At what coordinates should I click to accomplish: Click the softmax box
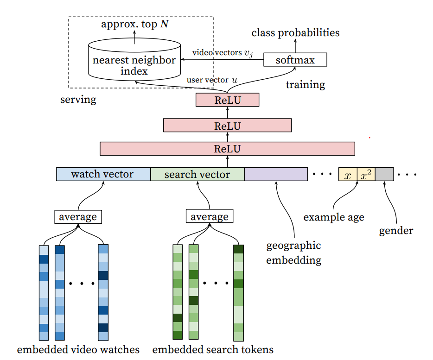295,60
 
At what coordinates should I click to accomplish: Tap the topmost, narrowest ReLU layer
227,100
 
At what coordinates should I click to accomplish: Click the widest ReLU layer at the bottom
227,149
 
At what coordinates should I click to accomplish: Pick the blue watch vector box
103,174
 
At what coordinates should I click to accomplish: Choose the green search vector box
197,174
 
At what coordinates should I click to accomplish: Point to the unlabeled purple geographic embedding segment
276,174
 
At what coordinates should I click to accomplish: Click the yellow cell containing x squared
366,174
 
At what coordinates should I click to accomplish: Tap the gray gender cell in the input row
384,174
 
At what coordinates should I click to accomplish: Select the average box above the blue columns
78,216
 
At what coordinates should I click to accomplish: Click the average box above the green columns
210,216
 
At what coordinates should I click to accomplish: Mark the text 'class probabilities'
295,33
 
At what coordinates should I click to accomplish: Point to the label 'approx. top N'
135,24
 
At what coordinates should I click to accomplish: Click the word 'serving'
78,100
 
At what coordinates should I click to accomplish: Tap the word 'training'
305,85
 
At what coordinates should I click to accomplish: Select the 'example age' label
334,217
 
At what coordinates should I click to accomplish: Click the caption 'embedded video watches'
78,349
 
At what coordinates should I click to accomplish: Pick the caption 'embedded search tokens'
213,349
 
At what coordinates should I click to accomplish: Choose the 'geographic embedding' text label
293,253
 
